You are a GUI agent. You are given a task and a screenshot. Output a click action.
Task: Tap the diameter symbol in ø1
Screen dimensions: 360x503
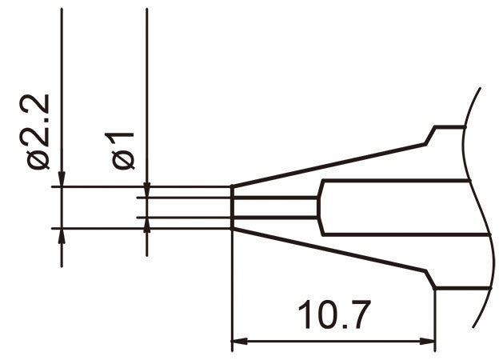[x=125, y=159]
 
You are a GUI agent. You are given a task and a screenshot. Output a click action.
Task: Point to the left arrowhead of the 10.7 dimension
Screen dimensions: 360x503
[x=238, y=344]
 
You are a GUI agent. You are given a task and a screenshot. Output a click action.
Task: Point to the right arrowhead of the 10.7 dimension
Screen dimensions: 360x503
[x=429, y=344]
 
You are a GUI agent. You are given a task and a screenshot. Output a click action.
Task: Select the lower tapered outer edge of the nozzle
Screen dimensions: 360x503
[x=328, y=251]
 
